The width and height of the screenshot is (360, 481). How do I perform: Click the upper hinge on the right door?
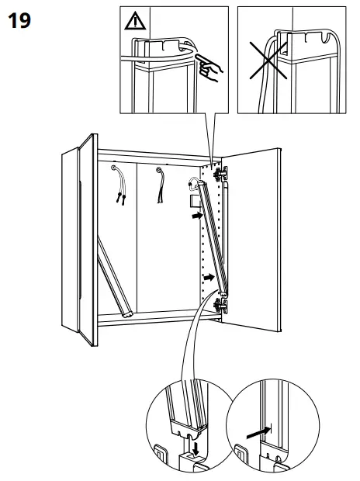[220, 170]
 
